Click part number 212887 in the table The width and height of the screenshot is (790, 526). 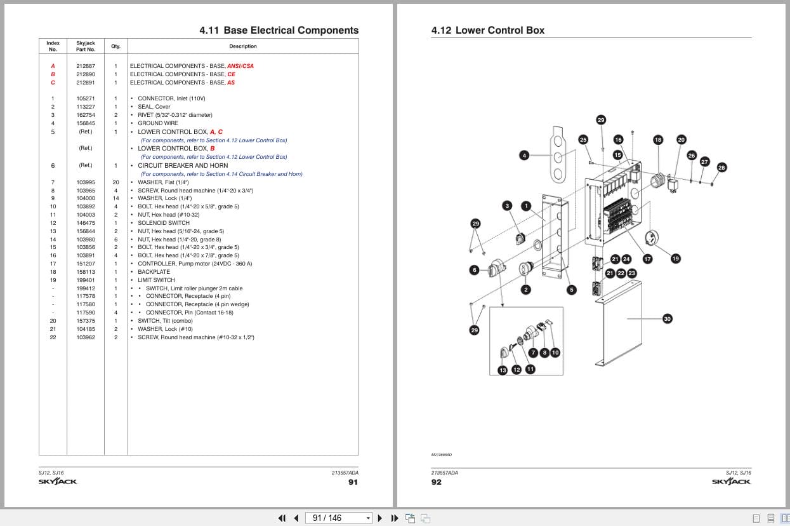(86, 66)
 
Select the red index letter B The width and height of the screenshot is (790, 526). (53, 74)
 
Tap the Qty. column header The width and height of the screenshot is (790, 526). (115, 46)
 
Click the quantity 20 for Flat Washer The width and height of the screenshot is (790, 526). (115, 182)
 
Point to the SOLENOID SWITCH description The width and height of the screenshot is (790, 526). (164, 223)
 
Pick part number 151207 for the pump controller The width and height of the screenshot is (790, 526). (86, 264)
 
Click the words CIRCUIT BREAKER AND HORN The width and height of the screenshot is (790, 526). (183, 166)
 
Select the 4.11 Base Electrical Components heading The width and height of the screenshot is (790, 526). (279, 30)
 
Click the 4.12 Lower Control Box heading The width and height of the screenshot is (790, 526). (488, 30)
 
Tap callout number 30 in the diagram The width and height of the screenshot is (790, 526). (668, 319)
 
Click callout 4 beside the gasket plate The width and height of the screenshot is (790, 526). (524, 156)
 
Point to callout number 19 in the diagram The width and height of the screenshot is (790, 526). (675, 259)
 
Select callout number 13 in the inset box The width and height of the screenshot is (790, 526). (503, 370)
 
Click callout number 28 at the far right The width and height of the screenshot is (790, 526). (721, 167)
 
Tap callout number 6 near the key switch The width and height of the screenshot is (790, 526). (475, 270)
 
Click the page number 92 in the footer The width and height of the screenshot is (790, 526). (437, 482)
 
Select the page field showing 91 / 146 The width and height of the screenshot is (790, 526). (339, 518)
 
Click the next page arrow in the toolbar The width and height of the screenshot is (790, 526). (380, 518)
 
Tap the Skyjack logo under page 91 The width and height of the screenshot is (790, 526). (58, 481)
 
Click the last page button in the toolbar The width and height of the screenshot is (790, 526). (395, 518)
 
